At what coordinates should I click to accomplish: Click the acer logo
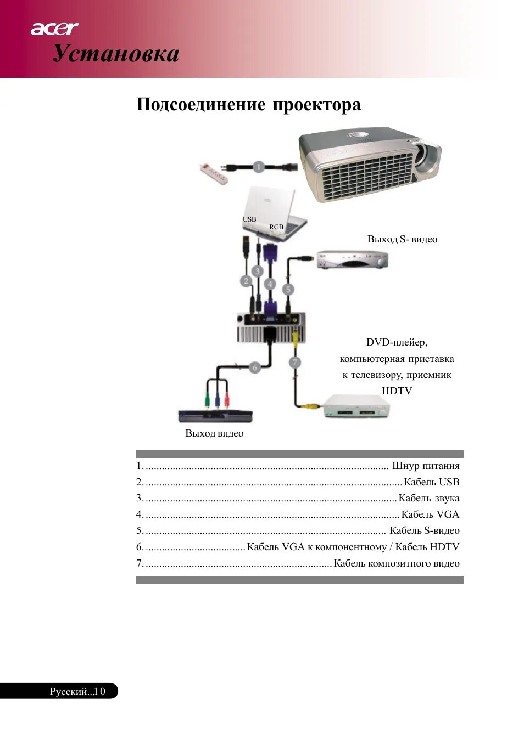[54, 29]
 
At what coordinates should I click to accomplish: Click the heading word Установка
[116, 54]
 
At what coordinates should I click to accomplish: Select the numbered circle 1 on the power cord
[259, 166]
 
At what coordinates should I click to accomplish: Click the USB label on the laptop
[249, 219]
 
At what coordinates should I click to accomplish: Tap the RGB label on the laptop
[276, 227]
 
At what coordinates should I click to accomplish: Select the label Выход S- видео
[402, 239]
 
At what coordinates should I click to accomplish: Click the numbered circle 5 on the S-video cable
[287, 289]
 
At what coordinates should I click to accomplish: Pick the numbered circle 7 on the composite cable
[295, 362]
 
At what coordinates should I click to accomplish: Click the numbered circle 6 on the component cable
[254, 367]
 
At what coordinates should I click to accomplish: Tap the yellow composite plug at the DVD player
[312, 406]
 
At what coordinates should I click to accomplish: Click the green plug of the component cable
[208, 401]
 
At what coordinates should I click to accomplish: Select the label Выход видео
[214, 433]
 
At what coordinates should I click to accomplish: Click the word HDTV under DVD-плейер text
[397, 391]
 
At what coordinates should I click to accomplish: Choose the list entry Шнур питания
[425, 466]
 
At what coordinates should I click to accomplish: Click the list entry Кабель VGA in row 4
[430, 514]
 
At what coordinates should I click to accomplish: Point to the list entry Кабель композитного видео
[396, 563]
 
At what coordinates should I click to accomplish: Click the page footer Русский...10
[77, 691]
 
